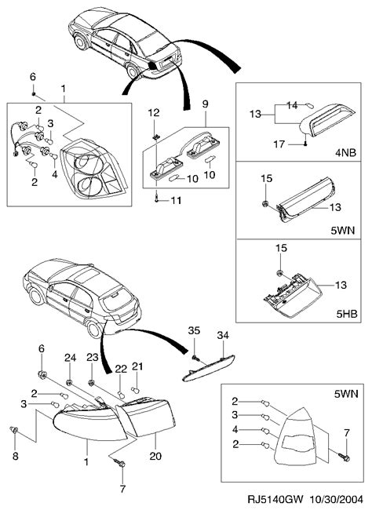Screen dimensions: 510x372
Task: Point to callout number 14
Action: point(292,104)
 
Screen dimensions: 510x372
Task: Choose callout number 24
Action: point(70,358)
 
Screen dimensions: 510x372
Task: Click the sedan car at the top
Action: point(126,43)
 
